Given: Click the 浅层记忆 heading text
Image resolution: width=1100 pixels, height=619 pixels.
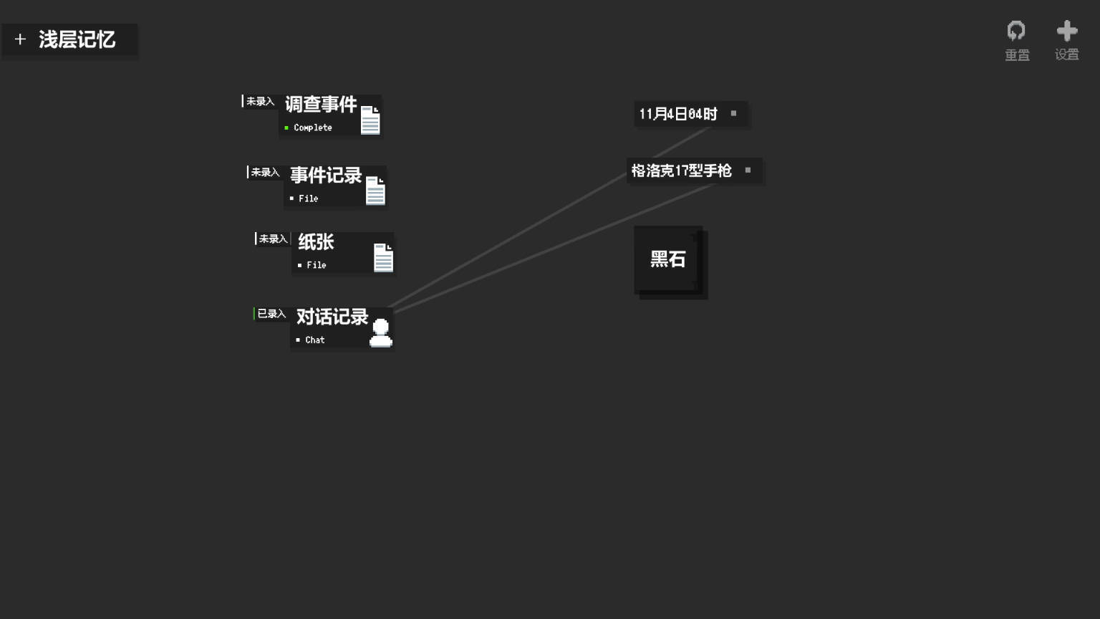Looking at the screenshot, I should (x=77, y=39).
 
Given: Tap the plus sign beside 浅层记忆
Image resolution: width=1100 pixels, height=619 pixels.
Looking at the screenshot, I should (x=20, y=39).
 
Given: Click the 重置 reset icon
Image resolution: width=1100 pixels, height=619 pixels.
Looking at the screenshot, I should (x=1016, y=31).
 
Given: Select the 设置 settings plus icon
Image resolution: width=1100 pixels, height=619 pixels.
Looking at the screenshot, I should (x=1067, y=31).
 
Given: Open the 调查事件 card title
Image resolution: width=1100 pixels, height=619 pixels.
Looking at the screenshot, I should (x=321, y=105).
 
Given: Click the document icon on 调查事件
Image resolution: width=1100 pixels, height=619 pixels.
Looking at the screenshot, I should (x=370, y=120).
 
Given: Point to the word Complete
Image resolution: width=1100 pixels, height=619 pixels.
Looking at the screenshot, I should (x=313, y=128).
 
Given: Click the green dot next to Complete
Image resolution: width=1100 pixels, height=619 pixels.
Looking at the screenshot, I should (x=286, y=128).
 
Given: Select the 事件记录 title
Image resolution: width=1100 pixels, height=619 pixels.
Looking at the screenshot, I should (x=326, y=176).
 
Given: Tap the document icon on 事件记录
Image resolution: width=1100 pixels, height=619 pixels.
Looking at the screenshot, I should (x=375, y=191).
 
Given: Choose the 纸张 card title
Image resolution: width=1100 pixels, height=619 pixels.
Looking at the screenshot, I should (x=316, y=242).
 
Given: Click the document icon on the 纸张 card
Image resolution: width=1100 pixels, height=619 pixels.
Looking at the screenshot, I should (x=383, y=257).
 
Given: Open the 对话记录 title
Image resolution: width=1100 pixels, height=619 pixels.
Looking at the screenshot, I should (x=332, y=317).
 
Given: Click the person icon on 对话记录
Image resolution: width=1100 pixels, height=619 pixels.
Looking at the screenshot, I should (x=381, y=333).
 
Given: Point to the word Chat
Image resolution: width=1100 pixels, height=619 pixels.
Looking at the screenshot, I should (x=315, y=340).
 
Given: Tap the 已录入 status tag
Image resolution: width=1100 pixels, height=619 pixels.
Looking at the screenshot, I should (x=271, y=314).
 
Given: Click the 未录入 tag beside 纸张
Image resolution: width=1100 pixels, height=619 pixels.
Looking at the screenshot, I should (x=272, y=239).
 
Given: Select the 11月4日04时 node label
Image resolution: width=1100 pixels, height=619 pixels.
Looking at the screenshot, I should (x=678, y=114).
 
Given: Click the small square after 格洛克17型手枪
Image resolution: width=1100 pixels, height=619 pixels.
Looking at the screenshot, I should (x=748, y=170).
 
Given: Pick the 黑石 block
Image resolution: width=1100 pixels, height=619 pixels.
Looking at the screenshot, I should (x=668, y=259).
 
